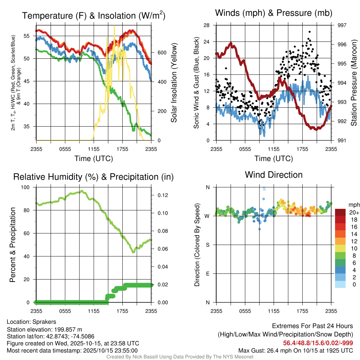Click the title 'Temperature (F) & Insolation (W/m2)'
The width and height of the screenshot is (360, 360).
pyautogui.click(x=94, y=15)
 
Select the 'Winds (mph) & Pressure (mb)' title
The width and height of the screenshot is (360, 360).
pyautogui.click(x=274, y=13)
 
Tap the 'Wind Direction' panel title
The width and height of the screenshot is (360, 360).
pyautogui.click(x=274, y=174)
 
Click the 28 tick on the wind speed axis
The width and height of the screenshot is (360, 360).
pyautogui.click(x=207, y=25)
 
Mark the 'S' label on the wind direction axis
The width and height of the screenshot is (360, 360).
pyautogui.click(x=207, y=245)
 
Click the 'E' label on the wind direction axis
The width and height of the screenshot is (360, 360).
pyautogui.click(x=207, y=274)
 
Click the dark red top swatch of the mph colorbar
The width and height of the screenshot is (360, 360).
pyautogui.click(x=341, y=212)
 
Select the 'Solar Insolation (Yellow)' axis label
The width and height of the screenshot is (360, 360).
pyautogui.click(x=174, y=83)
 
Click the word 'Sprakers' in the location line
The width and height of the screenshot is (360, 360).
pyautogui.click(x=44, y=322)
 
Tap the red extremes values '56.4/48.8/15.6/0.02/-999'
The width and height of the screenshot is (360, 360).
pyautogui.click(x=318, y=343)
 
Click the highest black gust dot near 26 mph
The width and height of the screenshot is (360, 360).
pyautogui.click(x=309, y=32)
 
